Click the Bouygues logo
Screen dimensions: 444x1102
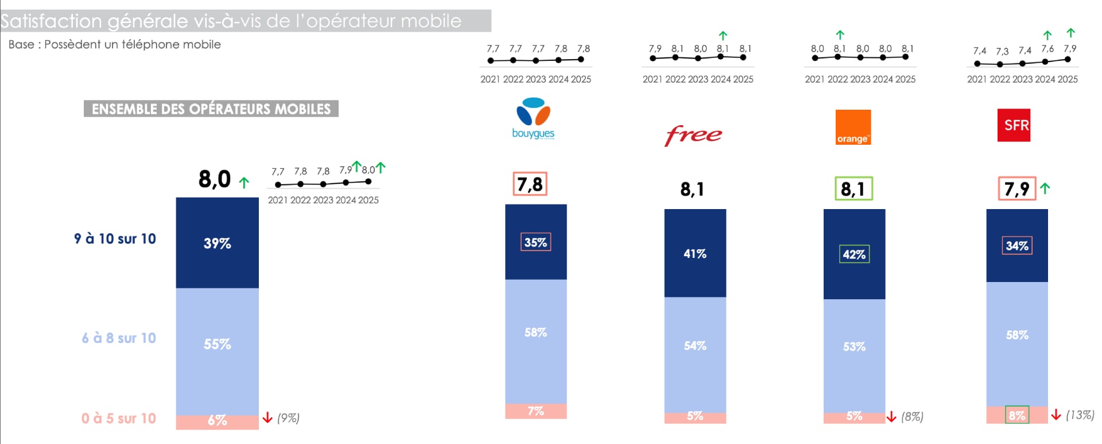coord(533,118)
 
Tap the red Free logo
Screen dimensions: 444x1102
coord(693,135)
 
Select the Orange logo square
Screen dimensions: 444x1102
coord(853,127)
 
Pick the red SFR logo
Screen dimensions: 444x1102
coord(1014,125)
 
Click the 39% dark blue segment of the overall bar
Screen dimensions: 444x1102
coord(217,243)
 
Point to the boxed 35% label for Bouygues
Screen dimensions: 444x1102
coord(536,242)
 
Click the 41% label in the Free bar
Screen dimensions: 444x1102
coord(694,253)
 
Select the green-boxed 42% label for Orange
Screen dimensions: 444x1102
coord(854,254)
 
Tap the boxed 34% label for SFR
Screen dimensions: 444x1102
coord(1017,245)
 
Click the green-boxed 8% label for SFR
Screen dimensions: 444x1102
coord(1017,415)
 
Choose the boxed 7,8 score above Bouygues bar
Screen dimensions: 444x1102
coord(530,184)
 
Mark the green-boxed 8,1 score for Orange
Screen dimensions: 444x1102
coord(853,188)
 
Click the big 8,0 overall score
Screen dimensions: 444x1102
coord(215,179)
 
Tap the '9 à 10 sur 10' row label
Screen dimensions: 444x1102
coord(115,238)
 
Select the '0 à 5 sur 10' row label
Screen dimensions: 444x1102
coord(118,418)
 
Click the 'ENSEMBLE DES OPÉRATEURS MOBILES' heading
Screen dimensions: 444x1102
coord(211,109)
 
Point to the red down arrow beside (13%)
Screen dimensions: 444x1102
coord(1056,414)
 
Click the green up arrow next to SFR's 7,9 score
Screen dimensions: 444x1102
coord(1045,188)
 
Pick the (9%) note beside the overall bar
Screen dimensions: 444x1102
coord(288,418)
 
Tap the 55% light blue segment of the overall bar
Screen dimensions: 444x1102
coord(217,344)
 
